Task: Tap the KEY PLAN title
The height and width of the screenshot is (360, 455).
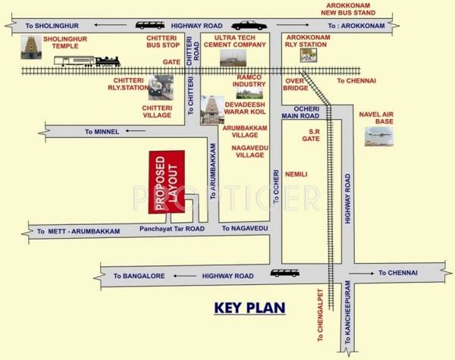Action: [249, 308]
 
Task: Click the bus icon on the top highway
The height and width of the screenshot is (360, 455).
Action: [150, 25]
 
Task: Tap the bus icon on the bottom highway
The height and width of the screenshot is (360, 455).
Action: [284, 273]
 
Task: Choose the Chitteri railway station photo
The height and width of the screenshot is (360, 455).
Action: [161, 87]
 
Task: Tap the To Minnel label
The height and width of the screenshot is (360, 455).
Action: [102, 132]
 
